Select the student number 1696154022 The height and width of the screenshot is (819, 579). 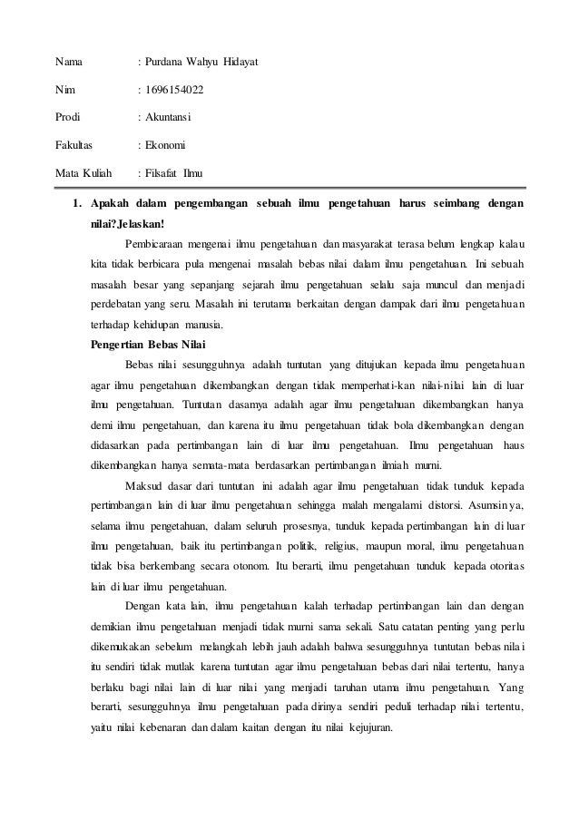(173, 89)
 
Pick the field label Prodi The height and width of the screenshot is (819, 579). (68, 116)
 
